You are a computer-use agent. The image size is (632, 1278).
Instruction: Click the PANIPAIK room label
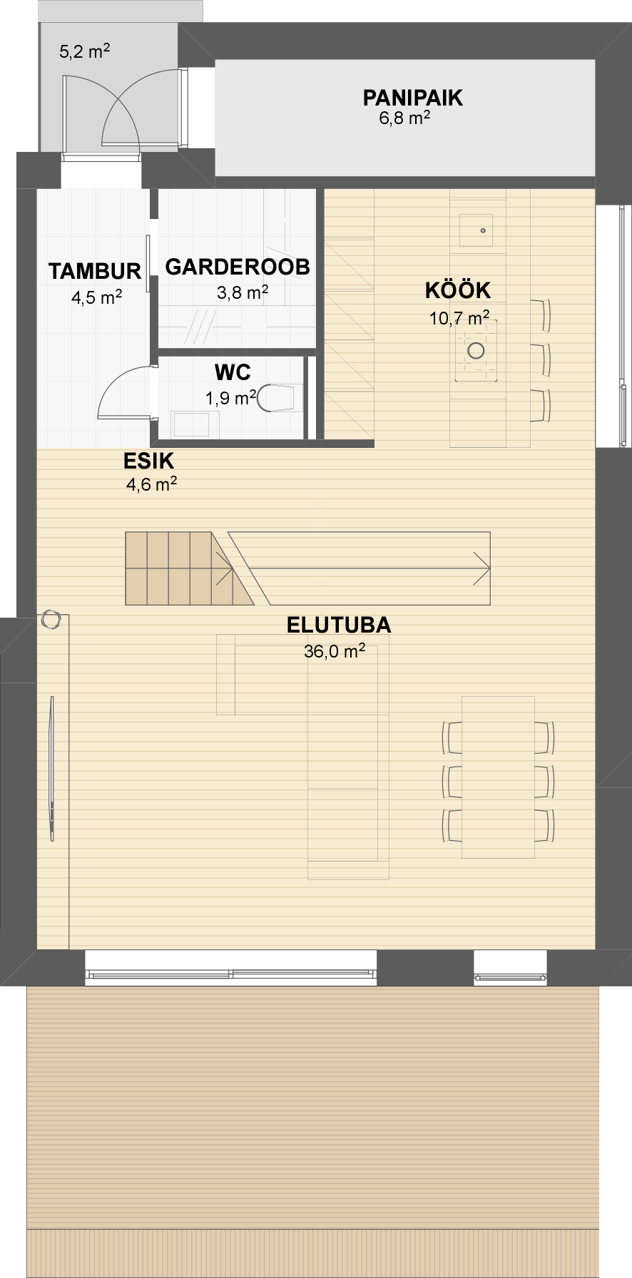pyautogui.click(x=412, y=98)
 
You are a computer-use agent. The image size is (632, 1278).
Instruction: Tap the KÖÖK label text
pyautogui.click(x=458, y=290)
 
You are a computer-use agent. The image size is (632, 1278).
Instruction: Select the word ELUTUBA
pyautogui.click(x=339, y=625)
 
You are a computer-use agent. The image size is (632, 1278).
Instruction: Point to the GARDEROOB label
pyautogui.click(x=238, y=267)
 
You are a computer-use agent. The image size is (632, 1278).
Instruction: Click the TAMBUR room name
pyautogui.click(x=95, y=271)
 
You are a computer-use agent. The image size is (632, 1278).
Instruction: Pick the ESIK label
pyautogui.click(x=148, y=461)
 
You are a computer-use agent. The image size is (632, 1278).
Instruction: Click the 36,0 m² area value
pyautogui.click(x=335, y=650)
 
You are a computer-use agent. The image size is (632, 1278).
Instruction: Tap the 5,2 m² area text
pyautogui.click(x=84, y=51)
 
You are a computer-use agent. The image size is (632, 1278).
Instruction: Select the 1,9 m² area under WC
pyautogui.click(x=231, y=398)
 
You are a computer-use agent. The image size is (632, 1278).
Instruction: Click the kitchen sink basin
pyautogui.click(x=477, y=230)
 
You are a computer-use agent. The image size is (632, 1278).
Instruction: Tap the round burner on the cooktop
pyautogui.click(x=476, y=350)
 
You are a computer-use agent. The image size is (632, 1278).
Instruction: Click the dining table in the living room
pyautogui.click(x=498, y=777)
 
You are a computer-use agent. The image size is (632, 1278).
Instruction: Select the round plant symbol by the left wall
pyautogui.click(x=51, y=620)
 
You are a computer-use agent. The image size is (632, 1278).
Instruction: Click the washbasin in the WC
pyautogui.click(x=190, y=424)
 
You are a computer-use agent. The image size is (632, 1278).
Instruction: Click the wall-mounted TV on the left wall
pyautogui.click(x=51, y=769)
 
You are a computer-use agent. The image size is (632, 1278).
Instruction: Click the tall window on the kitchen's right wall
pyautogui.click(x=623, y=327)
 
